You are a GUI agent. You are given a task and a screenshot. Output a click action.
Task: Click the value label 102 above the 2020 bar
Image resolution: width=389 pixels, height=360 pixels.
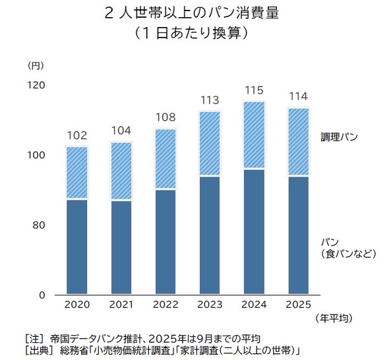[x=77, y=135]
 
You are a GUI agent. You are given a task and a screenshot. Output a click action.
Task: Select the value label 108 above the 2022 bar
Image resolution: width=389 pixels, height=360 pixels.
[x=165, y=117]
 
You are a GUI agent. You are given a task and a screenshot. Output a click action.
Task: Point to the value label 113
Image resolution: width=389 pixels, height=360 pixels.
[x=209, y=100]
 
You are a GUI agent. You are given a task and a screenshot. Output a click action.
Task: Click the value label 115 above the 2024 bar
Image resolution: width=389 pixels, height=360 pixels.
[x=253, y=90]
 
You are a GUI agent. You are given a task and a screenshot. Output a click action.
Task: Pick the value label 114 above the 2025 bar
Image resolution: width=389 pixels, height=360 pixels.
[x=297, y=96]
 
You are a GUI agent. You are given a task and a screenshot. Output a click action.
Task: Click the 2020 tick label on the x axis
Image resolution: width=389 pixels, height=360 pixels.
[x=77, y=305]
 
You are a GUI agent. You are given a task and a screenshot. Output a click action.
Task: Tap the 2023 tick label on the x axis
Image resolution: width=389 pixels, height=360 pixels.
[x=209, y=305]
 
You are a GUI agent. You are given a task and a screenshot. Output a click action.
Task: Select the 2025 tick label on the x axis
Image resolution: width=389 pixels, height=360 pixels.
[x=297, y=305]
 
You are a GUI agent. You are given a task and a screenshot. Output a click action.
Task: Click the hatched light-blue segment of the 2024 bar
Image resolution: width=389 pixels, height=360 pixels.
[x=253, y=135]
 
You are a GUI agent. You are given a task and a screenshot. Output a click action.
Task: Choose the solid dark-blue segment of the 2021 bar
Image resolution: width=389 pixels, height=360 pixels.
[x=121, y=247]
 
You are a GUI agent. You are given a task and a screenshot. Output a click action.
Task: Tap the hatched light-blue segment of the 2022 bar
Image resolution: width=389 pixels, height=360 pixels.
[x=165, y=159]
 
